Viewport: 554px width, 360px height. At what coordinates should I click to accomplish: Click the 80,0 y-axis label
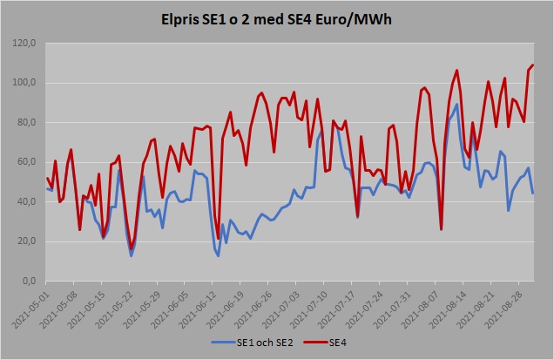click(26, 123)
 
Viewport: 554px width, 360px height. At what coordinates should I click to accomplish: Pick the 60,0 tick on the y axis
click(26, 162)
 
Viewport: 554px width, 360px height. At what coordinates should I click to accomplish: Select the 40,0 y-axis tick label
click(26, 202)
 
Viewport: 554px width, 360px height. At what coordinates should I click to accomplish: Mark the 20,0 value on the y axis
click(26, 241)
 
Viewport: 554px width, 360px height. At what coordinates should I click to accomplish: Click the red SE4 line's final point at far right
click(533, 65)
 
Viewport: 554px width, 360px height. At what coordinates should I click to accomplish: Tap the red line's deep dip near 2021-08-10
click(442, 229)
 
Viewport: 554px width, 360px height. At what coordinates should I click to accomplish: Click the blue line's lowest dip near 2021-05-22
click(132, 255)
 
